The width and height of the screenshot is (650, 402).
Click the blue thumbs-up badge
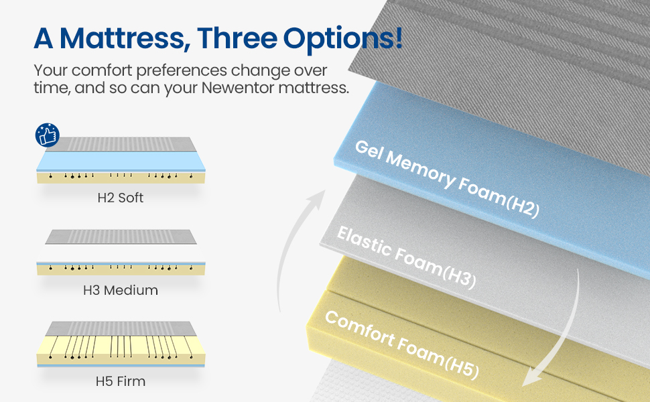pyautogui.click(x=47, y=135)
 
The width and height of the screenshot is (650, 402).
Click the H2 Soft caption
pyautogui.click(x=120, y=198)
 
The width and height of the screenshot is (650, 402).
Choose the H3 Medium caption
pyautogui.click(x=120, y=290)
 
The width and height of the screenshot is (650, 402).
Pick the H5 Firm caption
pyautogui.click(x=120, y=382)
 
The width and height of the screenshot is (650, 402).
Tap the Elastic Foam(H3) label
pyautogui.click(x=406, y=257)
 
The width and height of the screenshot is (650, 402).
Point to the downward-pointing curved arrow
pyautogui.click(x=556, y=328)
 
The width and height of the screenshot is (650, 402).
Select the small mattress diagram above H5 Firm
pyautogui.click(x=120, y=346)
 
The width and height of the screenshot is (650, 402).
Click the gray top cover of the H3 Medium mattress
pyautogui.click(x=120, y=237)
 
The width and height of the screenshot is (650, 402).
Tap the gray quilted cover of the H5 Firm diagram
pyautogui.click(x=120, y=328)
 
